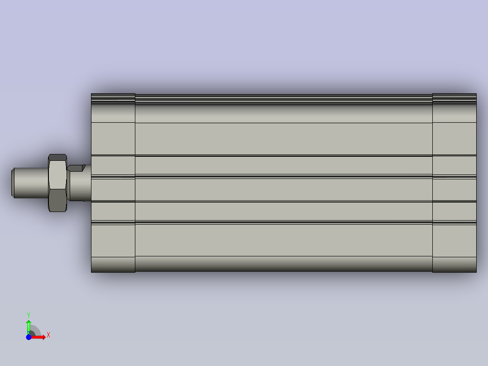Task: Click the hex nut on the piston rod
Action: (x=57, y=183)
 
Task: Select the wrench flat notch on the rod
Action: (x=76, y=168)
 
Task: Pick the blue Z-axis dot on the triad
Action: (x=29, y=337)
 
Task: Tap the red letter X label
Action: (x=48, y=335)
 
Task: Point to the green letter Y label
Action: (x=29, y=314)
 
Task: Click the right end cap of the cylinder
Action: (x=454, y=183)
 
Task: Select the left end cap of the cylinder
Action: (x=113, y=183)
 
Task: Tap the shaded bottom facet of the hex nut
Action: (x=57, y=208)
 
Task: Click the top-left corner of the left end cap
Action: (x=92, y=94)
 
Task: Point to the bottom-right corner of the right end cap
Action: (x=476, y=272)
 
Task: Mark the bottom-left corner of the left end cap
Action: (x=92, y=272)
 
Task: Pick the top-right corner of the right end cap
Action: (x=476, y=94)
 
